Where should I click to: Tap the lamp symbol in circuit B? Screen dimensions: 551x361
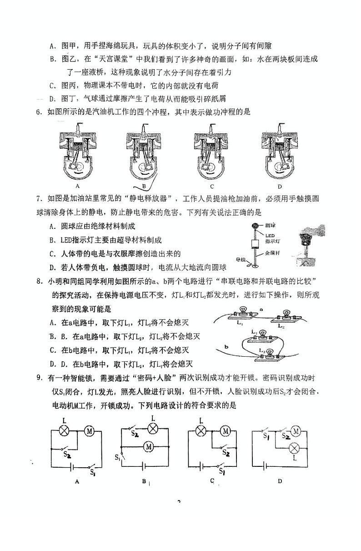coord(154,428)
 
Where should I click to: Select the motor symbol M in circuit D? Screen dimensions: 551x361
coord(296,430)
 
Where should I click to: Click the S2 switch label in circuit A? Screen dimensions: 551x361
coord(67,454)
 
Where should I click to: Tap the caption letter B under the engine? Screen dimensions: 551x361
coord(144,187)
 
